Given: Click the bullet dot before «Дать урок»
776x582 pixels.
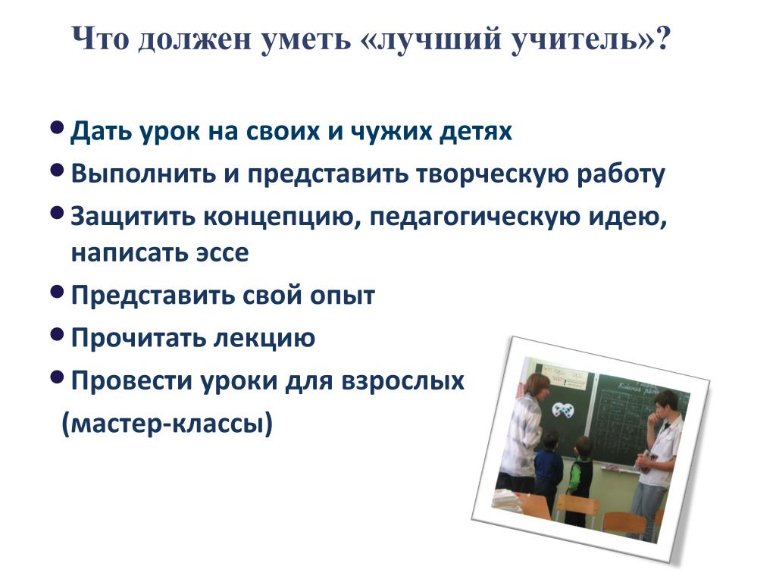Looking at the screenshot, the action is coord(58,128).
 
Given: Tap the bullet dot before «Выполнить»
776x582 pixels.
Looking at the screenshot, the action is coord(58,171).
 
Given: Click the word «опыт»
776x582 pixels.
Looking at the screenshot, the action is coord(343,296).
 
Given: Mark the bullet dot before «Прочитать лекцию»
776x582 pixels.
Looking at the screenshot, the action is coord(58,335).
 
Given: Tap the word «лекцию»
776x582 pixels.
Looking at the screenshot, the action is coord(264,339).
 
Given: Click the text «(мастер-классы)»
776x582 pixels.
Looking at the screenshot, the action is coord(167,424).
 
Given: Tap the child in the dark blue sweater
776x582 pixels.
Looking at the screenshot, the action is coord(547,470).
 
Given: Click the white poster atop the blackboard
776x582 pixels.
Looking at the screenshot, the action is coord(562,377).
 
